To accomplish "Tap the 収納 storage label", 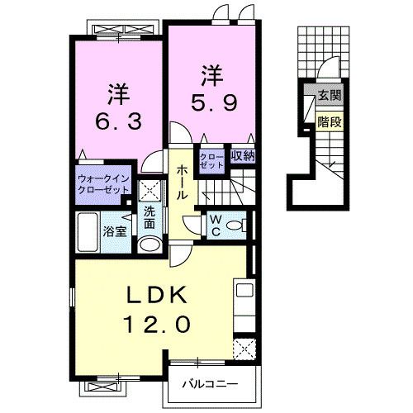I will coord(242,155).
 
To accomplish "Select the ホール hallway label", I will coord(180,180).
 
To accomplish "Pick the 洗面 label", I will coord(150,216).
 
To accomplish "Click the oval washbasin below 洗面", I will coord(149,244).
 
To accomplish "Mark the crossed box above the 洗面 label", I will coord(149,190).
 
